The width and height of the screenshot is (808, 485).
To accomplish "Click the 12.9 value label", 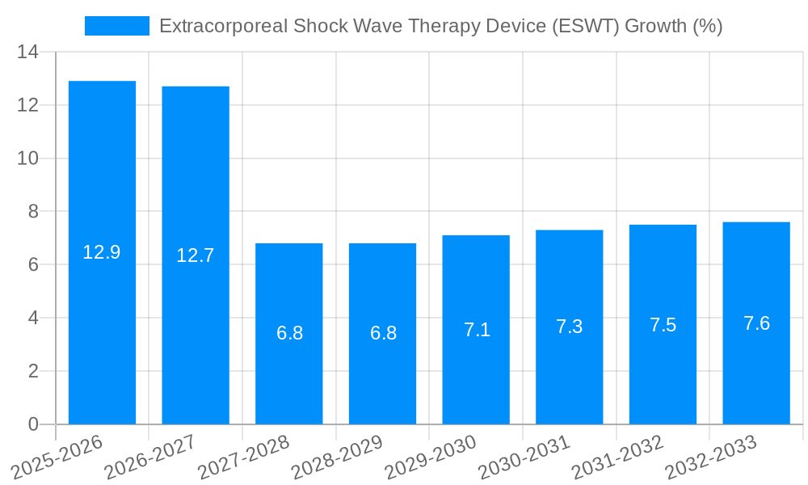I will click(102, 252).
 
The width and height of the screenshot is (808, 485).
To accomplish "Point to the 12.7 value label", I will click(196, 255).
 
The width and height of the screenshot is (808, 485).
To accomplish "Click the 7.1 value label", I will click(477, 330).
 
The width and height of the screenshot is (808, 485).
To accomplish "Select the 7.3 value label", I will click(570, 327).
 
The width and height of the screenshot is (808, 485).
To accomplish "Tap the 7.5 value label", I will click(663, 325).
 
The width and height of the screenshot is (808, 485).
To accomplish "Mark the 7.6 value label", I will click(756, 323).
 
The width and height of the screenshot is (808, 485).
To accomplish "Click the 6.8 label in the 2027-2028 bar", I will click(289, 333).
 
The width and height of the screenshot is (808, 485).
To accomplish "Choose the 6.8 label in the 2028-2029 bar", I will click(383, 333).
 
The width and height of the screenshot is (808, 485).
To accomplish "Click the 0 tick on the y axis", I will click(33, 424).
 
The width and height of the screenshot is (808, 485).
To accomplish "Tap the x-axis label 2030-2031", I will click(524, 457).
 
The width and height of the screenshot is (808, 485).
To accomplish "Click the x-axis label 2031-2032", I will click(618, 457).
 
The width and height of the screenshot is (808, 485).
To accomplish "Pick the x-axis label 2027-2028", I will click(244, 457).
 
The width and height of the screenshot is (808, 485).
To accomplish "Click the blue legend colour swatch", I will click(117, 26).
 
